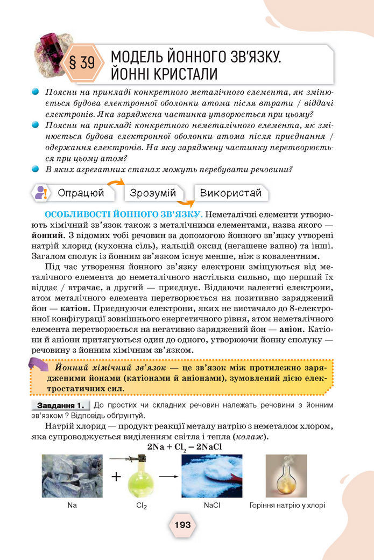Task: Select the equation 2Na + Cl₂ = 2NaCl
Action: click(185, 447)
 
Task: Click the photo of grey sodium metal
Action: click(72, 476)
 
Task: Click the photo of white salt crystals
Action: click(211, 476)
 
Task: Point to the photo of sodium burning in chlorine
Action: click(286, 476)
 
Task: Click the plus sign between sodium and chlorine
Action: click(116, 477)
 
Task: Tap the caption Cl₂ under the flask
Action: click(142, 506)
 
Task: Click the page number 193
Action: click(182, 525)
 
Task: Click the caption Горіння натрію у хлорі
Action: click(287, 506)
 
